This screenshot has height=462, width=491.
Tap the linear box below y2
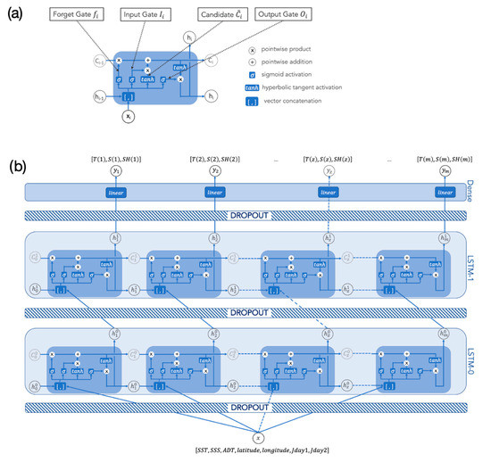[x=215, y=192]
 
